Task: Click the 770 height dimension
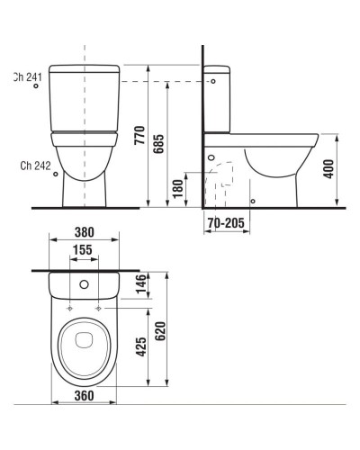[x=139, y=136]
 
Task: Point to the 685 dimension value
[x=158, y=144]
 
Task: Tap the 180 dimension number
[x=178, y=188]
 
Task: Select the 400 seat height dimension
[x=329, y=169]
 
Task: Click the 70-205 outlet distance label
[x=226, y=222]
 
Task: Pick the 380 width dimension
[x=85, y=232]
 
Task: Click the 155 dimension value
[x=83, y=249]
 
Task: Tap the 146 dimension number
[x=140, y=283]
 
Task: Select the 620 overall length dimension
[x=160, y=331]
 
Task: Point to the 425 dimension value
[x=141, y=347]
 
